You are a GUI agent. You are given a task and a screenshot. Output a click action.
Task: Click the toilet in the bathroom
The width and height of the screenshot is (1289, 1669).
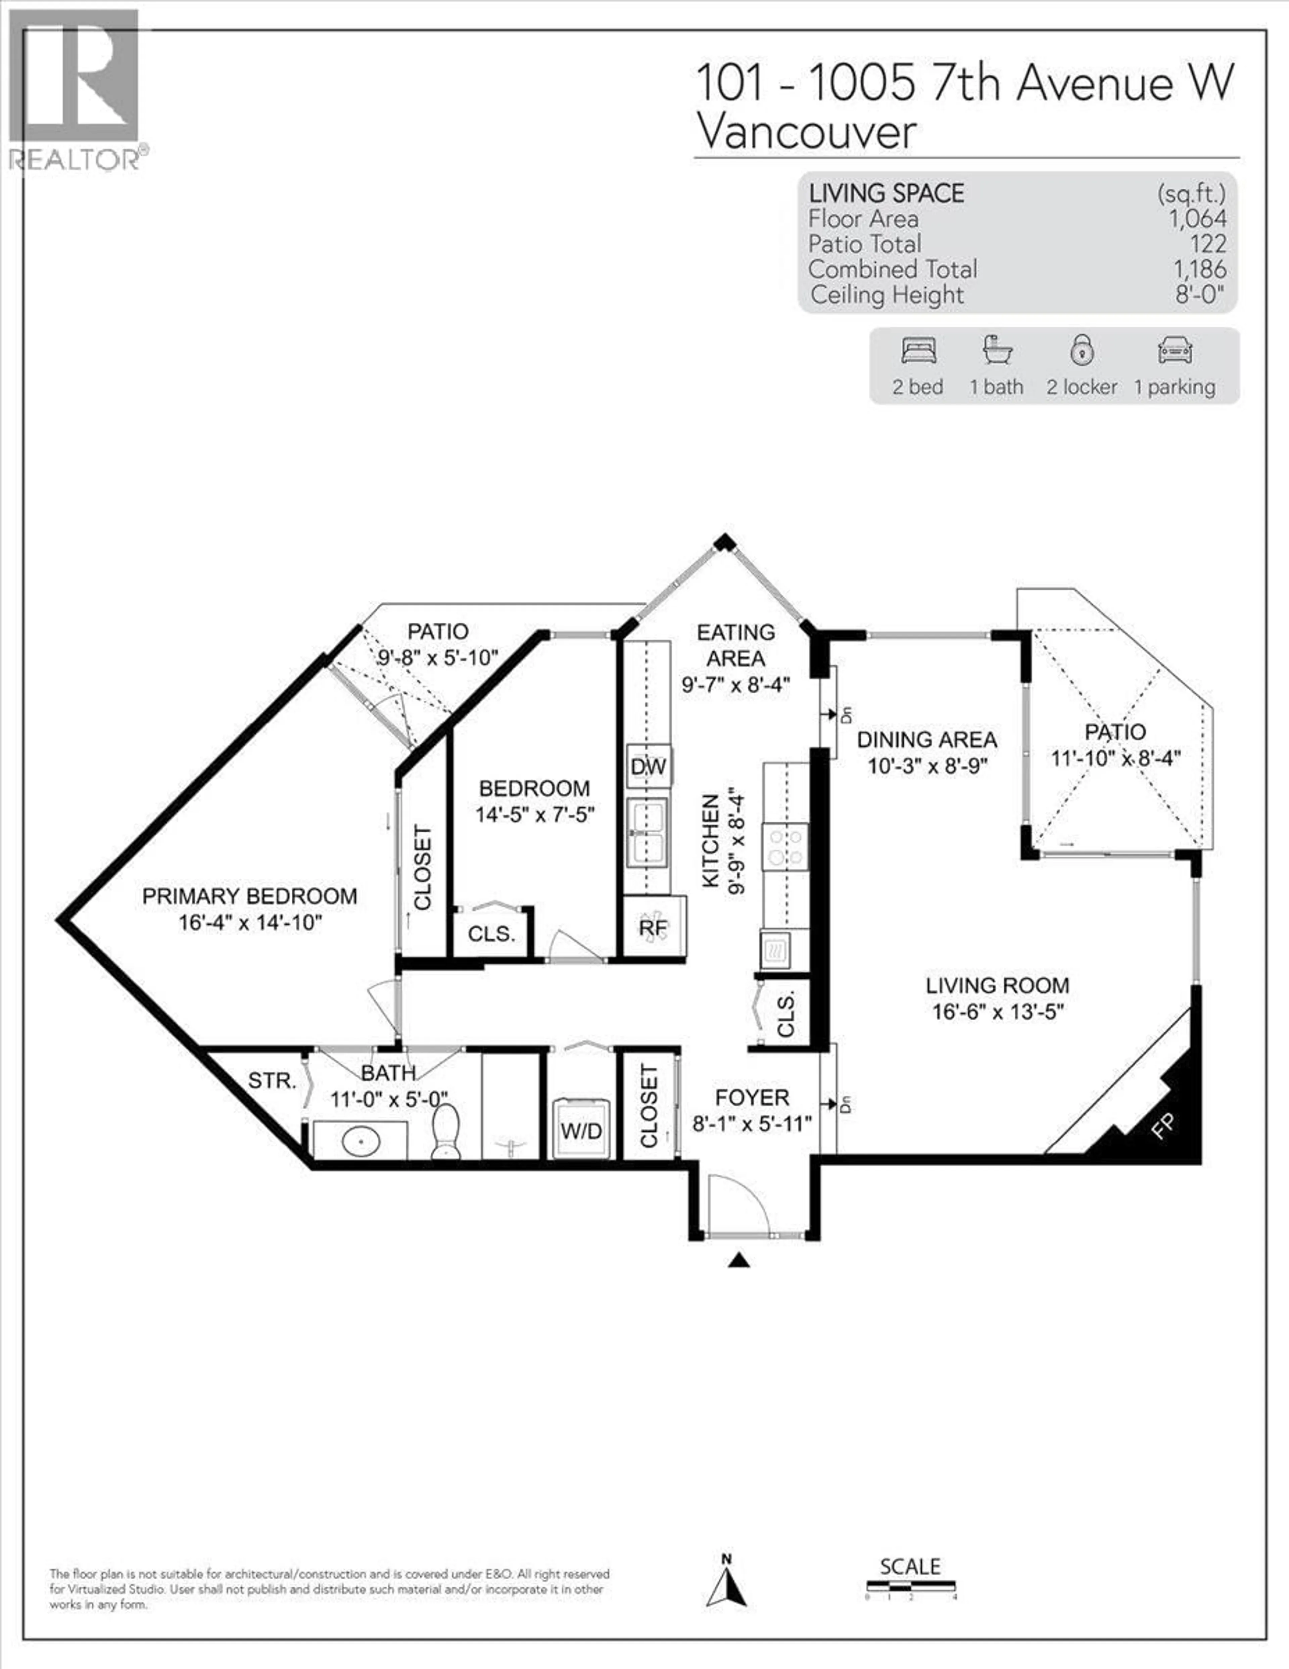point(445,1132)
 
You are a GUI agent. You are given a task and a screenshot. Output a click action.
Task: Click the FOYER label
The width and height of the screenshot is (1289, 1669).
point(752,1097)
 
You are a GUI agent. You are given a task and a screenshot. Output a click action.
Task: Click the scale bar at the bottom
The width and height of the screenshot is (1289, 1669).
point(910,1586)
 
